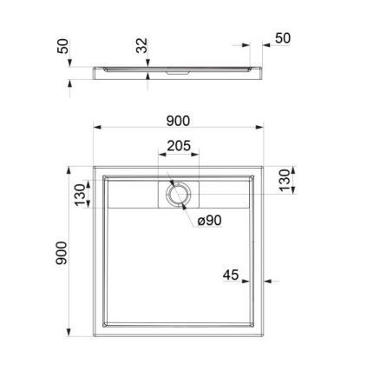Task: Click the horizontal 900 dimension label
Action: pyautogui.click(x=178, y=121)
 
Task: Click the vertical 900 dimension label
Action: pyautogui.click(x=62, y=253)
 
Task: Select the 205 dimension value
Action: pyautogui.click(x=179, y=146)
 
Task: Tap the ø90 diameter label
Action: pyautogui.click(x=210, y=221)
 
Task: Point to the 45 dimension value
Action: pyautogui.click(x=231, y=275)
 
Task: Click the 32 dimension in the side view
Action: pyautogui.click(x=141, y=45)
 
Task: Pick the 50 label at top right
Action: pyautogui.click(x=283, y=38)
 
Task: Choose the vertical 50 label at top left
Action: pyautogui.click(x=63, y=46)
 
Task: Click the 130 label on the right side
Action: pyautogui.click(x=285, y=180)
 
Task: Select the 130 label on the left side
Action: pyautogui.click(x=81, y=195)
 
